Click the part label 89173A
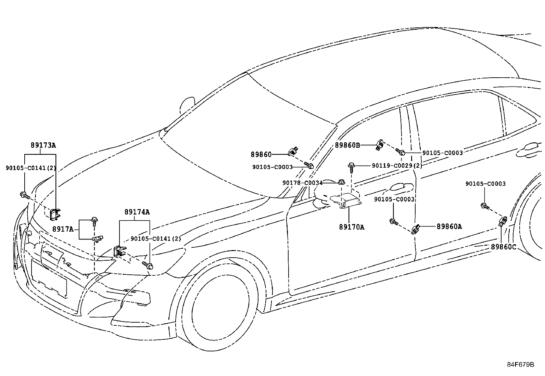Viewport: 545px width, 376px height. tap(43, 145)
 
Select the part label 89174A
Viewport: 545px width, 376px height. tap(137, 212)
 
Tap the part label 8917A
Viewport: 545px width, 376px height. tap(63, 229)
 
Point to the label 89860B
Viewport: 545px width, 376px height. tap(347, 145)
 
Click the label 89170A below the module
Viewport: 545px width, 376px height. tap(352, 227)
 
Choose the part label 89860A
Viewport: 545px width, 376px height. tap(449, 226)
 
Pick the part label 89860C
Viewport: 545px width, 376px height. tap(503, 247)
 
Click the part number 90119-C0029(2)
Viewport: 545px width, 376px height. tap(397, 166)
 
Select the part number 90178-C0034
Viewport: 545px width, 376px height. tap(302, 183)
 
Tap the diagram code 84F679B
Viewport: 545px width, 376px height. tap(520, 364)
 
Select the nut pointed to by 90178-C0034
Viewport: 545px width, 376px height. tap(341, 182)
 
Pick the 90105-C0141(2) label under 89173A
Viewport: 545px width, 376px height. tap(31, 168)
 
